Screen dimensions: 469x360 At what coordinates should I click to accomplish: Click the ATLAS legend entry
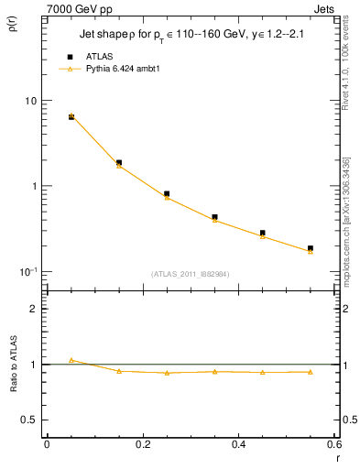click(x=99, y=56)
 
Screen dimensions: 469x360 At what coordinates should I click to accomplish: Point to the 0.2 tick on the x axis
click(x=142, y=444)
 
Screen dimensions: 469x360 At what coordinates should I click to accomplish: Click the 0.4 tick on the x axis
click(x=238, y=444)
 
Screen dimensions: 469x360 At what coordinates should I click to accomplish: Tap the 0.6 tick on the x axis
click(x=333, y=444)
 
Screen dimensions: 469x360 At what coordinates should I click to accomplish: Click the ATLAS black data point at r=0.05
click(x=71, y=117)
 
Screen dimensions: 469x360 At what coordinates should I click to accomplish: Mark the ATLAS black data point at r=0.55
click(x=311, y=248)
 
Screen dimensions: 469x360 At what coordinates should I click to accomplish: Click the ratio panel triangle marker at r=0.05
click(x=71, y=360)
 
